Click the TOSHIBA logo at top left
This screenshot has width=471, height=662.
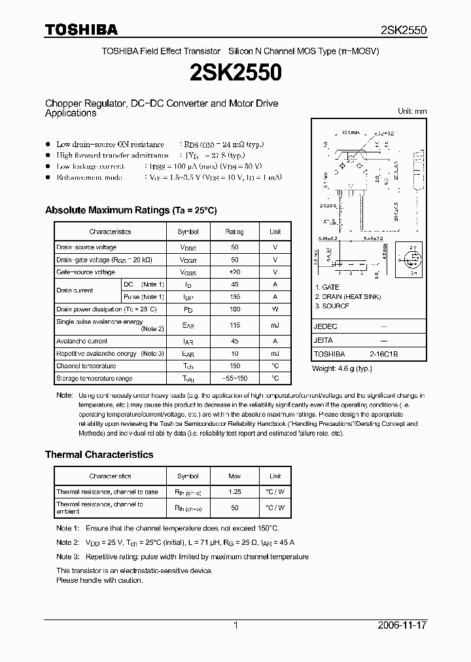[x=81, y=29]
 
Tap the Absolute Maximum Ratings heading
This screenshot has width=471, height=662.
[x=130, y=210]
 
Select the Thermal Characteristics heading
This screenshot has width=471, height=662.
[x=99, y=454]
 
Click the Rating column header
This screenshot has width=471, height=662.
[x=234, y=232]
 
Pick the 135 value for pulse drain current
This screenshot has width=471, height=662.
[x=234, y=297]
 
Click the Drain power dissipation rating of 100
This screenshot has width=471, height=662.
[x=234, y=309]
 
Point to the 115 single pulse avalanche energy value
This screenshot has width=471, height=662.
[x=234, y=324]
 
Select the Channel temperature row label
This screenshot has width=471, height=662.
[x=86, y=366]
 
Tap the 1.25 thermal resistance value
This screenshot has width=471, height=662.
[x=234, y=491]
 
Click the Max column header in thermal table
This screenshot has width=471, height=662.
[x=234, y=476]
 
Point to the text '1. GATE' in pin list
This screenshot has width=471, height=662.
[x=327, y=287]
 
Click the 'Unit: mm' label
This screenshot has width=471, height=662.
[x=412, y=111]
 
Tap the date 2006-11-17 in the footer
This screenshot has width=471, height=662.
[x=402, y=625]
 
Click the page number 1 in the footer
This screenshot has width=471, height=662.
[x=235, y=625]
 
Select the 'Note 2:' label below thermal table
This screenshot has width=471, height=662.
[x=68, y=542]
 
